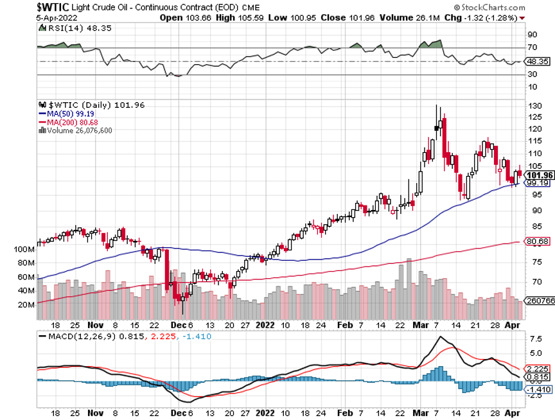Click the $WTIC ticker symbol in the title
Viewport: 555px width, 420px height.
coord(19,6)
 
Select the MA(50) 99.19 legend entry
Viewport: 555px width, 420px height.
coord(66,114)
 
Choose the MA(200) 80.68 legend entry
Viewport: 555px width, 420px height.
coord(67,121)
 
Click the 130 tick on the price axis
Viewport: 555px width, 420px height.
coord(533,105)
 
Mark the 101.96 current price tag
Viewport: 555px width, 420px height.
coord(538,175)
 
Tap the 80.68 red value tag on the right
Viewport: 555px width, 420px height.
coord(537,241)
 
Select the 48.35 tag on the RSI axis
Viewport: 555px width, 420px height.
coord(536,62)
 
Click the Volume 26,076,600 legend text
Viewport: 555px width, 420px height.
coord(76,130)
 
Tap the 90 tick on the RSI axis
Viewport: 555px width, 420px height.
coord(533,34)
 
